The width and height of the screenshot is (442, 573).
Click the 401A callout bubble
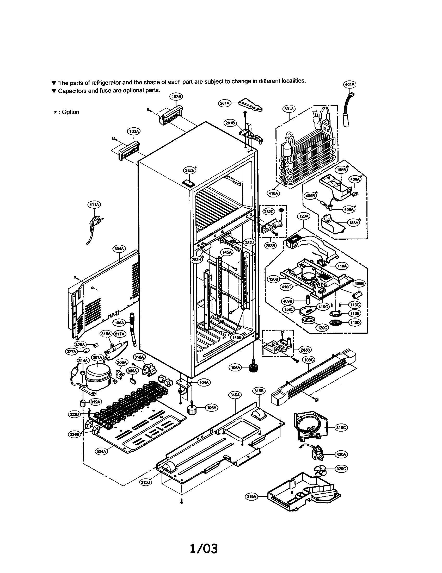(x=349, y=84)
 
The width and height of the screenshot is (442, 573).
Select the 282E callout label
(x=189, y=170)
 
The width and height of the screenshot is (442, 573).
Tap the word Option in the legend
(x=70, y=112)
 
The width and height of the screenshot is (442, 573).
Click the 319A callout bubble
(x=251, y=496)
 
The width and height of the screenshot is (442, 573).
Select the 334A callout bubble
(x=101, y=452)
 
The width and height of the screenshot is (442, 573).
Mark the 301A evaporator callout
(x=289, y=109)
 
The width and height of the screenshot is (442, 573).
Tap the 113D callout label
(x=355, y=323)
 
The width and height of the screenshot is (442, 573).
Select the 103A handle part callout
(x=134, y=131)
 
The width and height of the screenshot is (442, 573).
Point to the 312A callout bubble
(x=95, y=402)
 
